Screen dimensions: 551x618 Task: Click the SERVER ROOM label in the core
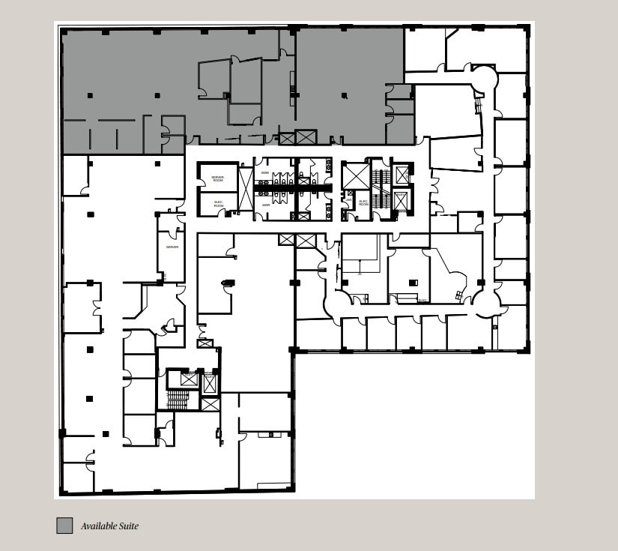tap(217, 179)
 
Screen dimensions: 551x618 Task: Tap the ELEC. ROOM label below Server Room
tap(218, 204)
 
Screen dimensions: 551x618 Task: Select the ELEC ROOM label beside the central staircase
tap(363, 202)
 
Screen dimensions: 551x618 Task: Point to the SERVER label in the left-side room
tap(172, 247)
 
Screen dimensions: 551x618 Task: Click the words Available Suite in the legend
tap(109, 526)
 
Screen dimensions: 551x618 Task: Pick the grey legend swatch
tap(64, 526)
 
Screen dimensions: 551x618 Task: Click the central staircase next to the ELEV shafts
tap(381, 187)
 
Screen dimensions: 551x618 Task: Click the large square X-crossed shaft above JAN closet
tap(356, 175)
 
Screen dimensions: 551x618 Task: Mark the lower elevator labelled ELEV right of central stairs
tap(401, 200)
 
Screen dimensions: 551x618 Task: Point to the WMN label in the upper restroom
tap(265, 173)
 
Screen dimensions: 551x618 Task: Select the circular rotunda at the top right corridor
tap(483, 76)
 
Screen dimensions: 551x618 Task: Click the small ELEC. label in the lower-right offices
tap(422, 301)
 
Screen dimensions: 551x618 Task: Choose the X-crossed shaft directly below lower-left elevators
tap(210, 405)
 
